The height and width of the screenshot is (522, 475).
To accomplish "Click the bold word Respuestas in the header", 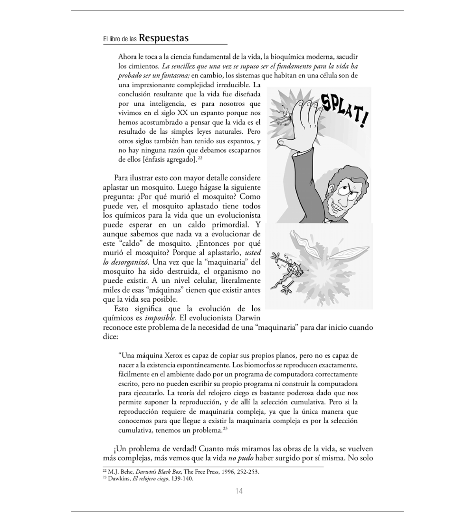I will click(164, 38).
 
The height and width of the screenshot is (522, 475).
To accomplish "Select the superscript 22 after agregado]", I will click(200, 158).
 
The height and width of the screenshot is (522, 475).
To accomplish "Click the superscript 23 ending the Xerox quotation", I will click(226, 429).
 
